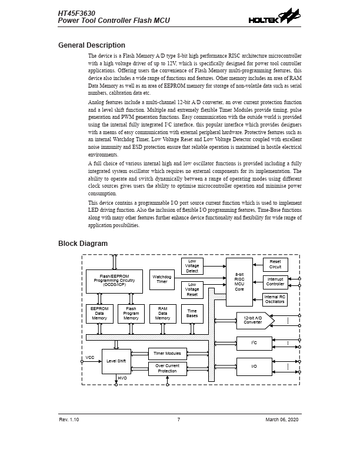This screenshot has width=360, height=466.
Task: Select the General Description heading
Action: (x=91, y=45)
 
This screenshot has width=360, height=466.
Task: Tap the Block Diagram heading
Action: (x=83, y=244)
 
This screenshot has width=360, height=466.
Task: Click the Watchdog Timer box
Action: (x=162, y=279)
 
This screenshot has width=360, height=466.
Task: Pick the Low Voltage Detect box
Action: (x=192, y=266)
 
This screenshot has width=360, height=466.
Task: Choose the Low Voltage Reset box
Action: (x=192, y=289)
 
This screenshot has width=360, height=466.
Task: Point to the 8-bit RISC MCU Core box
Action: (x=239, y=282)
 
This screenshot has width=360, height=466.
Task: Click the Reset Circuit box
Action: (x=275, y=264)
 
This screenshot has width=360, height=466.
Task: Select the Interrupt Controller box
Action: (x=275, y=282)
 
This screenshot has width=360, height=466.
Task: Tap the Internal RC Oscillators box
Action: (x=275, y=299)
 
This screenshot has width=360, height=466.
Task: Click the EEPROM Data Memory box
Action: (x=99, y=314)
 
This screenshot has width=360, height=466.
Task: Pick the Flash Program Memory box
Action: (x=131, y=314)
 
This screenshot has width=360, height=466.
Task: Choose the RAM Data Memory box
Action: (x=162, y=314)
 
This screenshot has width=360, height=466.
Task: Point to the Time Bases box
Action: (x=192, y=314)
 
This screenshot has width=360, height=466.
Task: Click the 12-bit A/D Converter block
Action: (x=254, y=321)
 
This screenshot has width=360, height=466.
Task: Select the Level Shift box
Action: (x=116, y=361)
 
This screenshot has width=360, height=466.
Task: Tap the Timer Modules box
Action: (x=167, y=354)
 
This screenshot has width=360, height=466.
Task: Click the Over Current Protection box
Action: (x=167, y=369)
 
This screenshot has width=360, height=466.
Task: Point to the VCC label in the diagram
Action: (x=90, y=357)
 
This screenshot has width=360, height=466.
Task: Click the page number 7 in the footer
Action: (x=179, y=419)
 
